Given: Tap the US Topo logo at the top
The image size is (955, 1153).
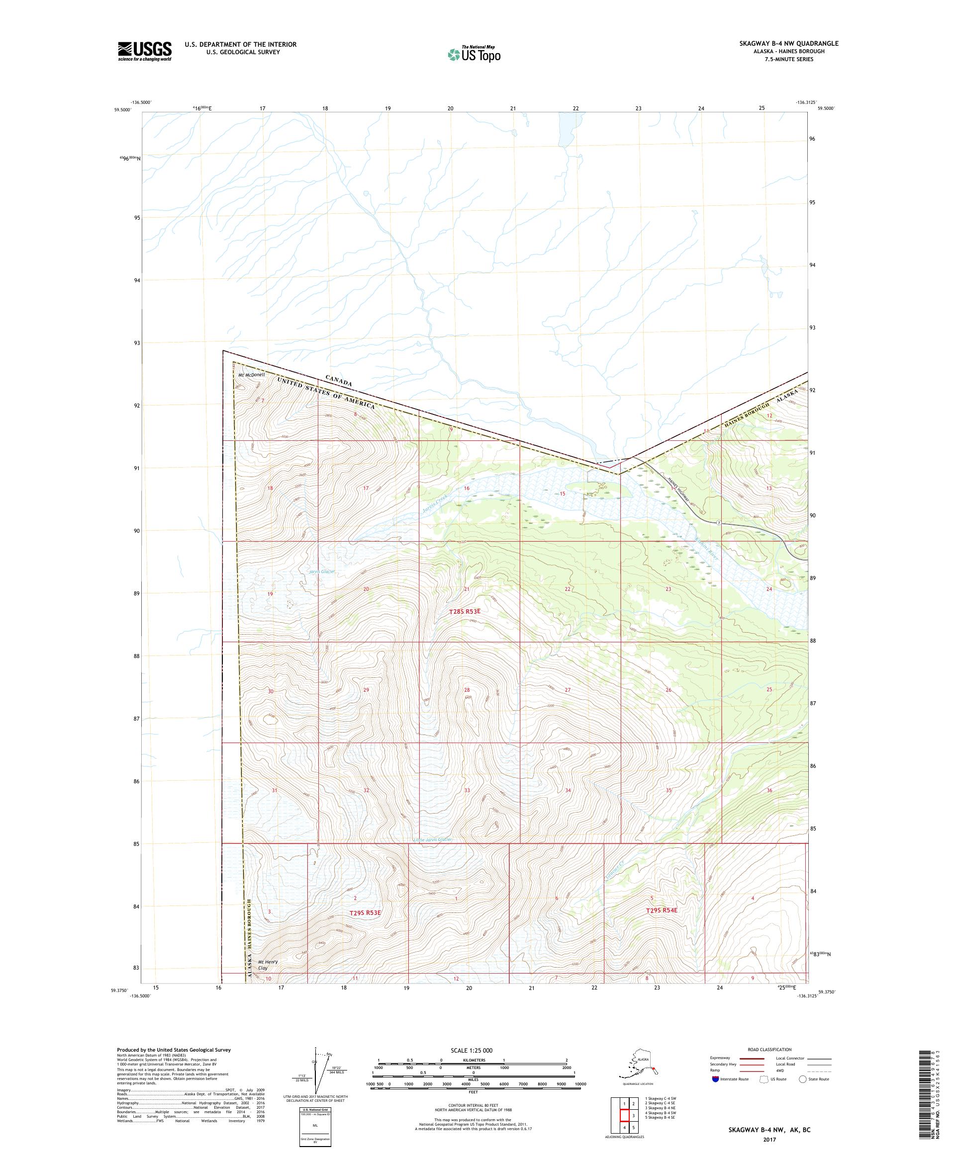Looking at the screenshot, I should coord(474,54).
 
